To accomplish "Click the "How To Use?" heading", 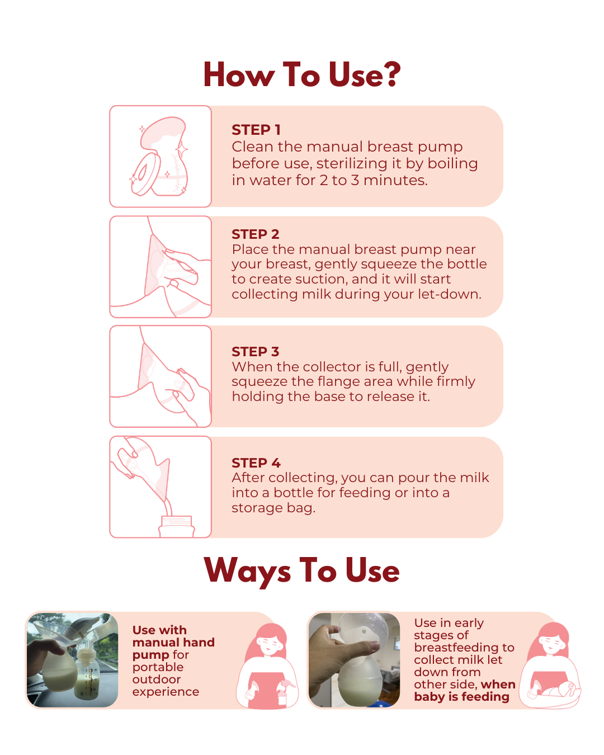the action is pos(302,74).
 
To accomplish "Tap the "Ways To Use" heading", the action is pos(301,571).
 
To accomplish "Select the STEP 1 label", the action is pos(256,130).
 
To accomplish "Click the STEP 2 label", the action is pos(255,234).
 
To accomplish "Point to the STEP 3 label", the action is pos(255,351).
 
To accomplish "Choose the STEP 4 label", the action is pos(256,463).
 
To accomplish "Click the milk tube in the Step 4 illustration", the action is pos(169,507).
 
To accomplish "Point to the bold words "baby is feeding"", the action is pos(461,697).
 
